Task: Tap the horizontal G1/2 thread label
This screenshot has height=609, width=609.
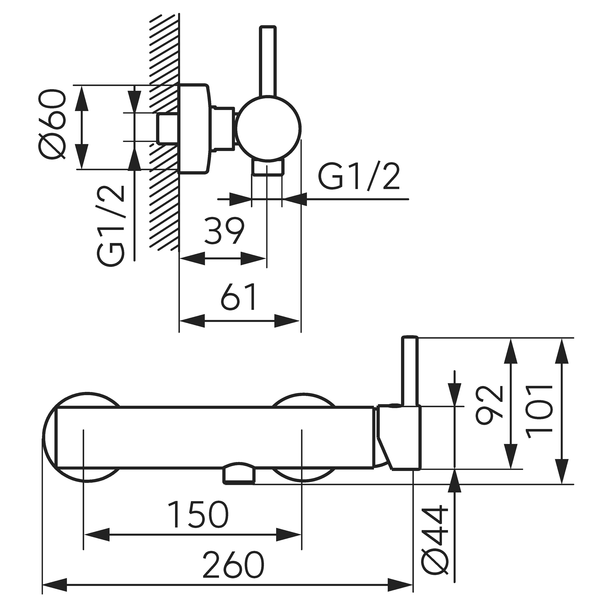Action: click(359, 177)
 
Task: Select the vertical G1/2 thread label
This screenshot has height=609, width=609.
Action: click(110, 226)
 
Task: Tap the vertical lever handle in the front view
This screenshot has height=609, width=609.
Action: click(410, 371)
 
